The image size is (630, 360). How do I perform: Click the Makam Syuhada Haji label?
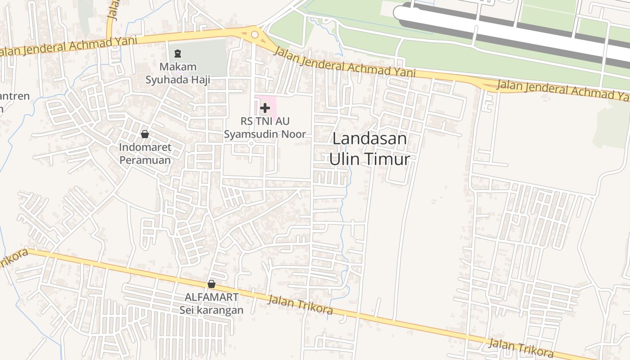coord(178,73)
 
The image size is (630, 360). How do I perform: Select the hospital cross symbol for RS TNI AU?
coord(265,108)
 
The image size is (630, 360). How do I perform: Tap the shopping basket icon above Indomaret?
coord(145,134)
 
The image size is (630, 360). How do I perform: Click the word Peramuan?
coord(145,160)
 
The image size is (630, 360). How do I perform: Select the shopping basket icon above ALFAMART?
coord(211,284)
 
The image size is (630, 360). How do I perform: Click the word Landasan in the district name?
coord(369,139)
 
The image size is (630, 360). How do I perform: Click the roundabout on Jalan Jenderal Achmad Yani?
coord(255,34)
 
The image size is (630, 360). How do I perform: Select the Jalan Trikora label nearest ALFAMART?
coord(300,305)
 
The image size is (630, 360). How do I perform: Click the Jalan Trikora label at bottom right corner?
coord(521,347)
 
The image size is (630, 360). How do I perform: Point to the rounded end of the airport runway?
coord(400,13)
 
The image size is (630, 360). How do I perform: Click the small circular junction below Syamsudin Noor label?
coord(251,144)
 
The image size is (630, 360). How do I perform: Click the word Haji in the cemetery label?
coord(199,80)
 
